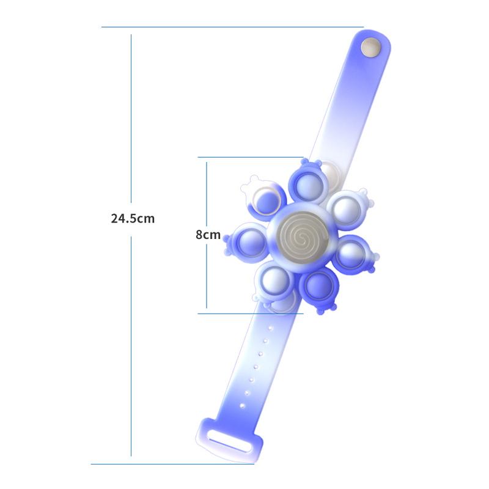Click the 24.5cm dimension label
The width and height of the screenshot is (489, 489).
(133, 218)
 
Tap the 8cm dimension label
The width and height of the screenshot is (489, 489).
(208, 235)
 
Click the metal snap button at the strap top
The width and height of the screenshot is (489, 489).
(371, 48)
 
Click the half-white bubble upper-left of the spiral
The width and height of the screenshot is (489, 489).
(265, 201)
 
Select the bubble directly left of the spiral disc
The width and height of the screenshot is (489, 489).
(249, 242)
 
